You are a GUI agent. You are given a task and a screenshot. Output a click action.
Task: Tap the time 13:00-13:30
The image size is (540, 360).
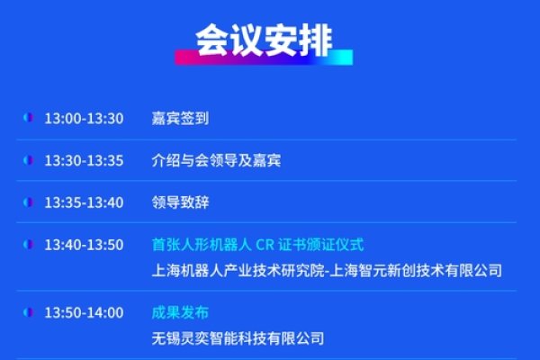(x=84, y=119)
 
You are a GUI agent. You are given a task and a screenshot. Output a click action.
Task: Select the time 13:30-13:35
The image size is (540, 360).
(x=84, y=161)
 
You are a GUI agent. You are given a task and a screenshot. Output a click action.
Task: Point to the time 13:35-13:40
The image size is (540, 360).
(x=84, y=202)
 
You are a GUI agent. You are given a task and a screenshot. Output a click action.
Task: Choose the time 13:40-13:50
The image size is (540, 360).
(x=84, y=245)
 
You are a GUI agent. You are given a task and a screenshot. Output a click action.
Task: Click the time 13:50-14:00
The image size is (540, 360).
(x=84, y=313)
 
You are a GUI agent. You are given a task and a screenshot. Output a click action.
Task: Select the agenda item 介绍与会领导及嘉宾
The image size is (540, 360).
(x=216, y=161)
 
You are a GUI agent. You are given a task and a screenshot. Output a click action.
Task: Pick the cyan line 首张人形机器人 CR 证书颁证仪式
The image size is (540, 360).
(x=257, y=245)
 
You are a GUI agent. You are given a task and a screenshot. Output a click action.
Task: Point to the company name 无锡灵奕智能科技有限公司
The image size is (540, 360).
(x=238, y=339)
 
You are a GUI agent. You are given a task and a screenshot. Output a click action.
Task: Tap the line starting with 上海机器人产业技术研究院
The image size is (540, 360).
(x=327, y=271)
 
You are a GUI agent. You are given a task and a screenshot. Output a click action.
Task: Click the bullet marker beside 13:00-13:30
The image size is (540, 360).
(x=28, y=119)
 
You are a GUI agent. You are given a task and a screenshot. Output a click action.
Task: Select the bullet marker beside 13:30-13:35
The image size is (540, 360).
(x=28, y=161)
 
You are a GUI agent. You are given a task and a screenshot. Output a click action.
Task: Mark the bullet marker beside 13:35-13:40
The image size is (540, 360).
(x=28, y=202)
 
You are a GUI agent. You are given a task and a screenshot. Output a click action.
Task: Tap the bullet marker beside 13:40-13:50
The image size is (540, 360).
(x=28, y=245)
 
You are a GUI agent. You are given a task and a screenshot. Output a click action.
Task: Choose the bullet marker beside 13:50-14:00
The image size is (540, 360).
(x=28, y=313)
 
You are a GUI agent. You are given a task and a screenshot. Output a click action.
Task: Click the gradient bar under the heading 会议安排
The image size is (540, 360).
(x=264, y=58)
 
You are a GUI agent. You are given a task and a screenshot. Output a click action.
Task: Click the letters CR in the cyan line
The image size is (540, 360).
(x=265, y=245)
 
